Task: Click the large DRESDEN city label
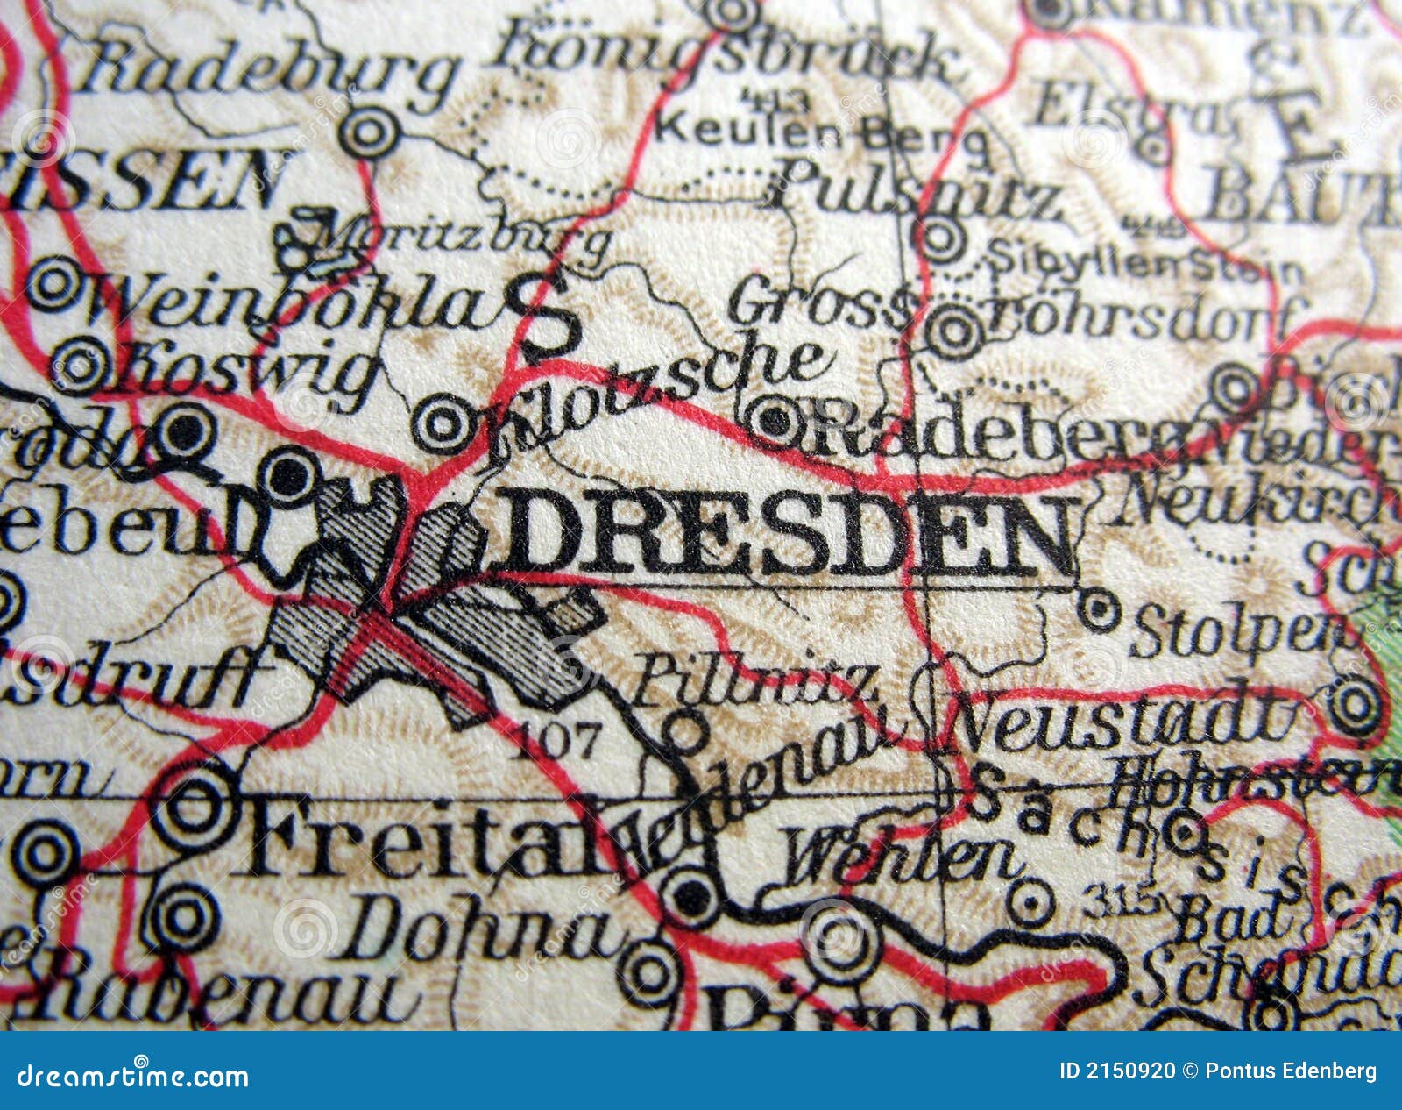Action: tap(789, 535)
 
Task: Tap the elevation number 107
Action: tap(557, 741)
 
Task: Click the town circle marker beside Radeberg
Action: tap(775, 420)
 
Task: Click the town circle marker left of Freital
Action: tap(195, 808)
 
